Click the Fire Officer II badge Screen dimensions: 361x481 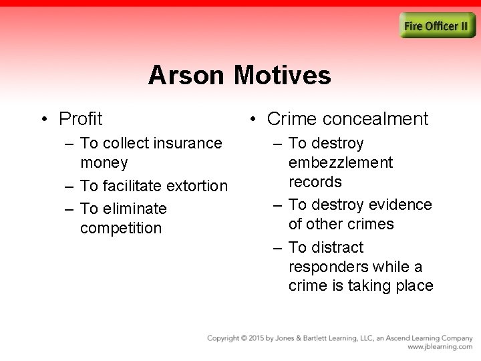click(438, 26)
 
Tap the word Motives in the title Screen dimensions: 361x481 click(283, 76)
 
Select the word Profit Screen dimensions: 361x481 click(81, 119)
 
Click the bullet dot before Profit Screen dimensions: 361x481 click(43, 120)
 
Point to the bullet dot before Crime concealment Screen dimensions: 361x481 click(251, 120)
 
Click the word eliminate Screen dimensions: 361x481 click(134, 209)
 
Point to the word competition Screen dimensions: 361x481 click(121, 228)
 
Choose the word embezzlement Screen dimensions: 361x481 click(341, 162)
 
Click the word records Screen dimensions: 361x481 click(315, 182)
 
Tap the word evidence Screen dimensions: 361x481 click(399, 205)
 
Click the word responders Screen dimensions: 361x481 click(328, 267)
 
